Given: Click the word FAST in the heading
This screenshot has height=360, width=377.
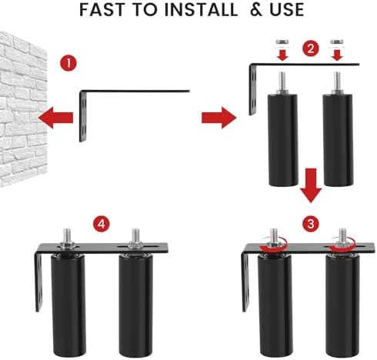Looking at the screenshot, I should coord(108,11).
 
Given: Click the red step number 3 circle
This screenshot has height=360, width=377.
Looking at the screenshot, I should coord(310,225).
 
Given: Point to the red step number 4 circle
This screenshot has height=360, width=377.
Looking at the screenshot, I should coord(100,225).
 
